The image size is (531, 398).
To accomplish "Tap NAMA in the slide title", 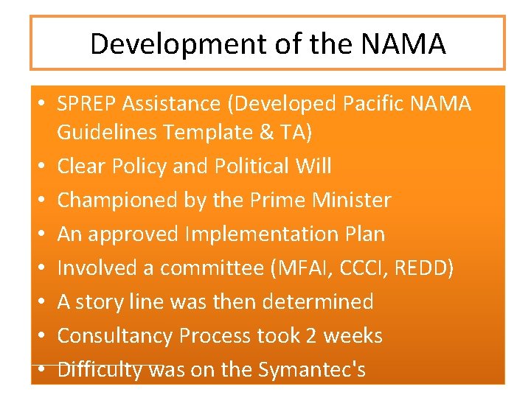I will tap(403, 44).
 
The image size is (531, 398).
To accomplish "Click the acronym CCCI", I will tap(353, 268).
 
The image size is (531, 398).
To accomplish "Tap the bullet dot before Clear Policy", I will tap(43, 167).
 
